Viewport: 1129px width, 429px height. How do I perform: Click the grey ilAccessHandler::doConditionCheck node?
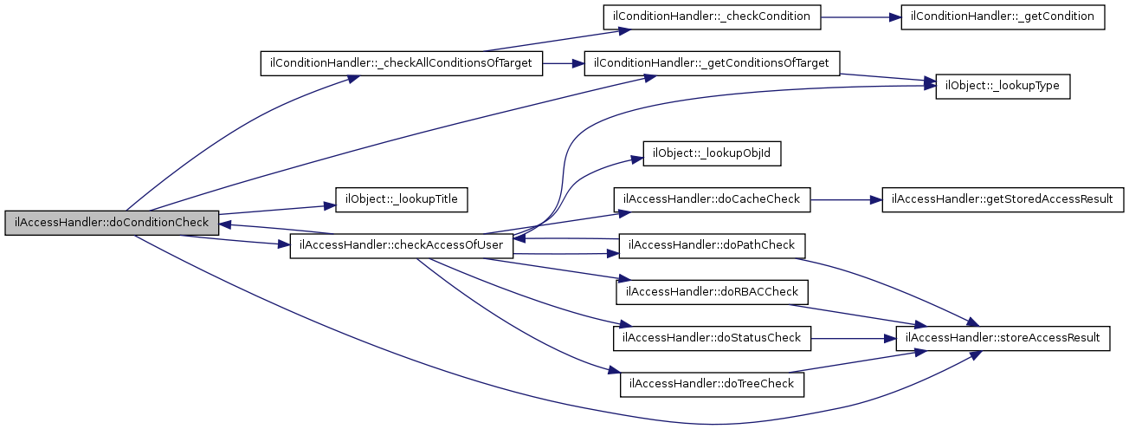pos(112,223)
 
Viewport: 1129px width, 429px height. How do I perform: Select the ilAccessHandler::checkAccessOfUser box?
pos(401,246)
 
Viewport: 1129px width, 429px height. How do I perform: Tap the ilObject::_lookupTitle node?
pos(401,200)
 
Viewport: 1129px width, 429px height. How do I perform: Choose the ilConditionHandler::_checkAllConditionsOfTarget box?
pos(401,63)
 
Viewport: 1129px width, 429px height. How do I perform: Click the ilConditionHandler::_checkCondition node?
pos(712,17)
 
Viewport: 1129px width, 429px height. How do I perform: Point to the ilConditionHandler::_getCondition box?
pos(1003,17)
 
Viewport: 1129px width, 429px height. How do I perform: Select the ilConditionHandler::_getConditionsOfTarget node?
pos(712,63)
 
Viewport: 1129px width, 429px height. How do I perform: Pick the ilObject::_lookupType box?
pos(1003,87)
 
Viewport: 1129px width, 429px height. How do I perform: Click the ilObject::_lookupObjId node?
pos(712,153)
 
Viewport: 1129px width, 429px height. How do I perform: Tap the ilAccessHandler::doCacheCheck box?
pos(712,200)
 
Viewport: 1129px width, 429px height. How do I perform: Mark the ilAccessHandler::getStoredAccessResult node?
pos(1003,200)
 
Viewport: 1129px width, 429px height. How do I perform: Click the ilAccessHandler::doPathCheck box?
pos(712,246)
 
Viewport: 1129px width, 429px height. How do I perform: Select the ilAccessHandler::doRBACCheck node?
pos(712,292)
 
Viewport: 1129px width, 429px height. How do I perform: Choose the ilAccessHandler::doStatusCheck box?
pos(712,338)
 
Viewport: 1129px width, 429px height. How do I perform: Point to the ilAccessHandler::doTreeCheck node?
pos(712,385)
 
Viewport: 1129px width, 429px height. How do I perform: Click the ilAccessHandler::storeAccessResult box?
pos(1003,338)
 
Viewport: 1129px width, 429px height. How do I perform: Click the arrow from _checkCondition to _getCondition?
pos(861,17)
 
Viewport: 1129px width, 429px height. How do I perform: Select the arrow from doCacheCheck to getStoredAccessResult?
pos(846,200)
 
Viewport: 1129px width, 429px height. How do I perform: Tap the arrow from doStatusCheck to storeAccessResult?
pos(854,338)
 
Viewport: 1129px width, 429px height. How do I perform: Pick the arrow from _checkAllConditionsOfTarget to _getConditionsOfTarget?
pos(564,63)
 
